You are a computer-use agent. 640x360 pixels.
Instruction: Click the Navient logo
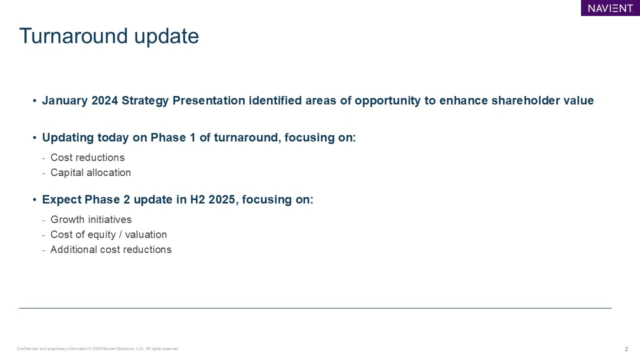click(610, 8)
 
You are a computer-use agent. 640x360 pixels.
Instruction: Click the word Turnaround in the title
click(73, 36)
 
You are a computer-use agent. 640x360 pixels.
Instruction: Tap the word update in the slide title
click(166, 36)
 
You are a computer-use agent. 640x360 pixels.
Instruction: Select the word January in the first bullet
click(65, 101)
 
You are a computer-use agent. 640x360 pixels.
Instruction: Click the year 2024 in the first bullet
click(104, 100)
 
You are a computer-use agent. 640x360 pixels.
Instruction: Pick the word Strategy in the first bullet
click(145, 101)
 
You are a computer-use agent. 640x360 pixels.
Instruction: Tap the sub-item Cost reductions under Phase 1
click(87, 157)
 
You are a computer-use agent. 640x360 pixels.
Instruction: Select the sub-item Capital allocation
click(90, 172)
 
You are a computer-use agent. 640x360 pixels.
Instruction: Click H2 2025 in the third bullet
click(212, 199)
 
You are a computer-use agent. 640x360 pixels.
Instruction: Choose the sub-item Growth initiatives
click(91, 219)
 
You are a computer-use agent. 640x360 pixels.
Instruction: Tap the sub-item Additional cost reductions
click(111, 249)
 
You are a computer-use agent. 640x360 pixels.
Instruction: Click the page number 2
click(626, 349)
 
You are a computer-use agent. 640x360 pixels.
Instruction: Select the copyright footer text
click(97, 348)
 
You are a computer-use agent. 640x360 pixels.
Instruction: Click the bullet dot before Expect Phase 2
click(34, 199)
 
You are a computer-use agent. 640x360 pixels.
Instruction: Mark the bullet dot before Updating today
click(34, 137)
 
